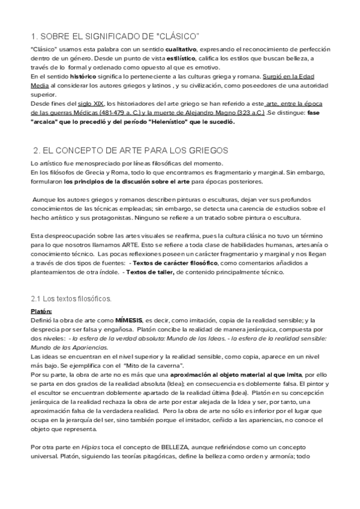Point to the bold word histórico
coord(83,77)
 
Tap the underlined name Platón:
coord(41,312)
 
